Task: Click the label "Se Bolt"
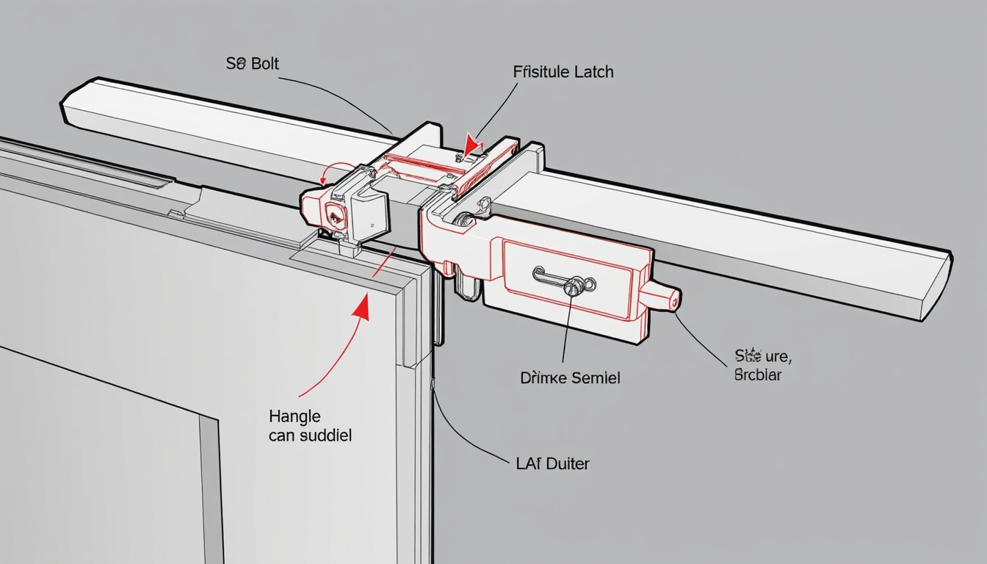pos(253,64)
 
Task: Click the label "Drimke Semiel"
pos(570,378)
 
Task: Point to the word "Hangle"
pos(294,416)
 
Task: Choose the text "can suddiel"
pos(310,435)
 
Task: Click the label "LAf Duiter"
pos(549,463)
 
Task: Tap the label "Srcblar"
pos(759,375)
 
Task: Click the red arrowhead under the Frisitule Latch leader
pos(471,144)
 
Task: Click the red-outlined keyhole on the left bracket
pos(333,216)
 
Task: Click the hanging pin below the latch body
pos(463,286)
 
